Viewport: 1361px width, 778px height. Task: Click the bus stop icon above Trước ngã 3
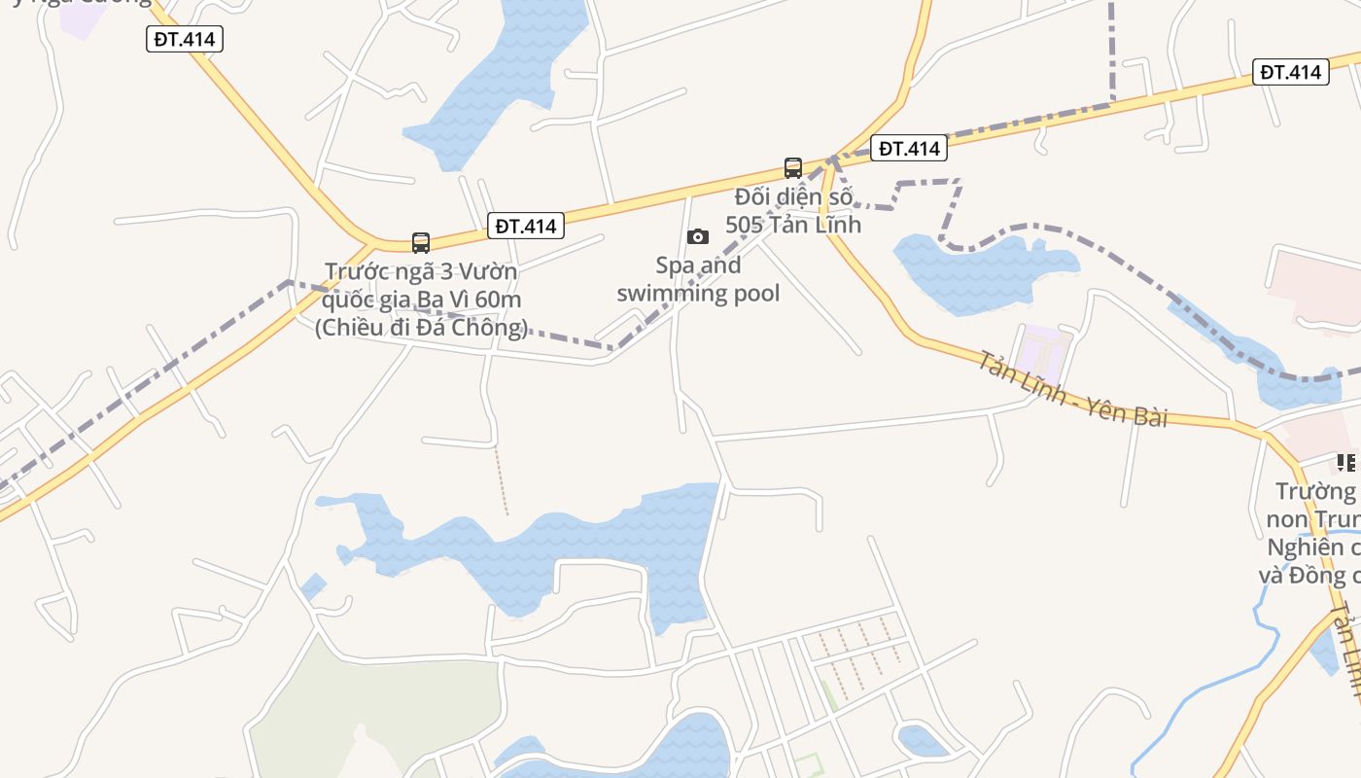tap(420, 242)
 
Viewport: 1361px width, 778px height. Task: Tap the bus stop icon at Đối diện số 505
tap(793, 167)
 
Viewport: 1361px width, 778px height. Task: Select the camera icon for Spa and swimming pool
tap(697, 236)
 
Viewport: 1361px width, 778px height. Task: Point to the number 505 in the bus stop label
tap(745, 224)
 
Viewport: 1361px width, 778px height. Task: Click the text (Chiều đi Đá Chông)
tap(421, 327)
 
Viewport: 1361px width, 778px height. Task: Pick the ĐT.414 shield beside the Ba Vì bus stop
tap(525, 226)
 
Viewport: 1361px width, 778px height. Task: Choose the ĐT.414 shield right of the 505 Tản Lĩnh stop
tap(908, 148)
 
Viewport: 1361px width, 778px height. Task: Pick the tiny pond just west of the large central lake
tap(313, 586)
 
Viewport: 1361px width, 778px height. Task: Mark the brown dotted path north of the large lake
tap(501, 481)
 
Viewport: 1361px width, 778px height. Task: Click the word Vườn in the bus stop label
tap(489, 270)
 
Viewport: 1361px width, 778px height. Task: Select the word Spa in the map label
tap(674, 265)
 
